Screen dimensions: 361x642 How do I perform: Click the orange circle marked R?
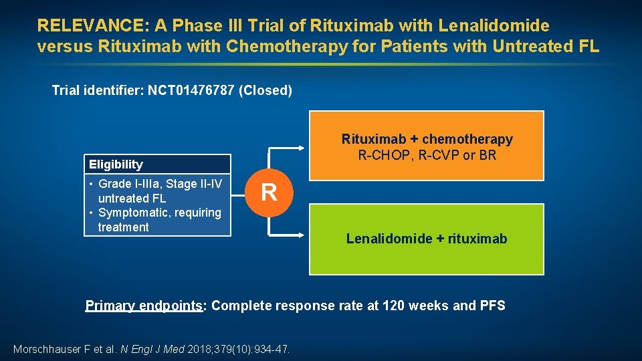(269, 193)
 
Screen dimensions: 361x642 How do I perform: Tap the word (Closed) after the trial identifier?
(265, 90)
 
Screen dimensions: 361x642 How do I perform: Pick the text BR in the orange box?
(488, 155)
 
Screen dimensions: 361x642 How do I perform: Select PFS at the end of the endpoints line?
(492, 306)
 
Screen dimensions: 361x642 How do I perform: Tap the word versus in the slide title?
(65, 47)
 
